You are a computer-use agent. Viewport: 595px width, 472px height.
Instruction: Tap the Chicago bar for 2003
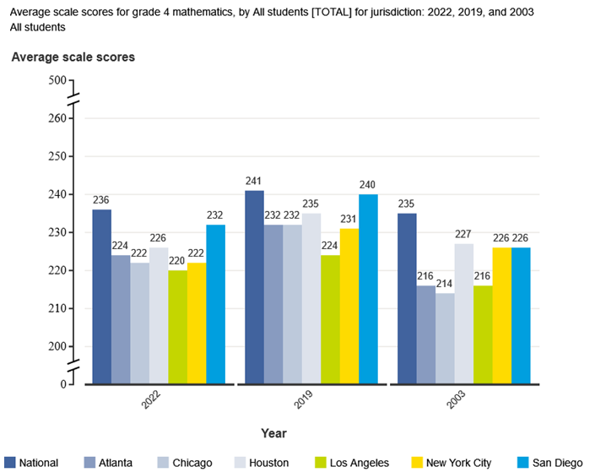(x=444, y=338)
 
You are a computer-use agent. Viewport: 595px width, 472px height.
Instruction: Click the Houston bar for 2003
(x=462, y=313)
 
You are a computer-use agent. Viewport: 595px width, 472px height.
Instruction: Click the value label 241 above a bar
(x=254, y=181)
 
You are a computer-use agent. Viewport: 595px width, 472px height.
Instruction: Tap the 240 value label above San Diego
(x=368, y=185)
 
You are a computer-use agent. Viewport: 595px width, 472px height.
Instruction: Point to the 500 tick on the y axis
(x=57, y=80)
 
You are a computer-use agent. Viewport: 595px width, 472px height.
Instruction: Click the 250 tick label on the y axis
(x=57, y=156)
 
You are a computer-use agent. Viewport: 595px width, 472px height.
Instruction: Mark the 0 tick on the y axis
(x=62, y=384)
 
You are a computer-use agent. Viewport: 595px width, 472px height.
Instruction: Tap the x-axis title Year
(x=273, y=433)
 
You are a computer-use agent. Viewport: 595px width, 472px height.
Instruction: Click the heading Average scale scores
(x=73, y=57)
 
